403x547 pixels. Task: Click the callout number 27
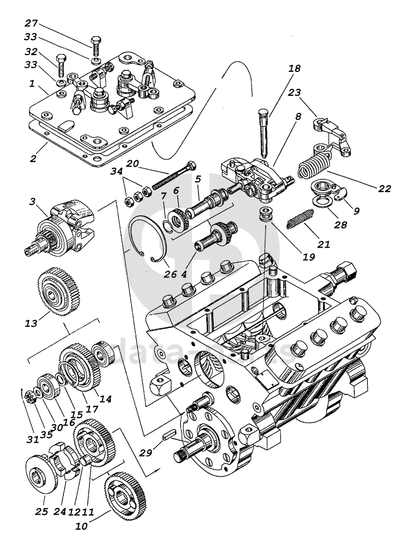tap(31, 24)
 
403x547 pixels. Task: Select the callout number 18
tap(294, 69)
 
